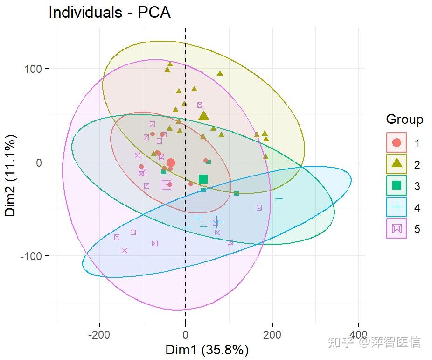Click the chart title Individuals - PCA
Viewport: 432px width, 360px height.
coord(109,13)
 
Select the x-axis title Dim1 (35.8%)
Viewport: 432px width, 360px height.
coord(207,350)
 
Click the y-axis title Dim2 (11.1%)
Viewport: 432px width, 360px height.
coord(11,175)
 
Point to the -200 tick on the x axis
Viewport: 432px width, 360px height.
coord(99,335)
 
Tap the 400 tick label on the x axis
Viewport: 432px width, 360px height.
coord(359,335)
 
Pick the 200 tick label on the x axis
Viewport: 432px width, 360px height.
coord(272,335)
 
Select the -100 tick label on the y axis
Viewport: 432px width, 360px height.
coord(31,255)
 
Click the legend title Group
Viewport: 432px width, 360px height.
coord(404,120)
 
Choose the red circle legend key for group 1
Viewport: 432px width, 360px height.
coord(397,142)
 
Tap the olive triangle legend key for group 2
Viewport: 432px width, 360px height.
coord(397,164)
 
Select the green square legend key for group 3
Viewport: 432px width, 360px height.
coord(397,185)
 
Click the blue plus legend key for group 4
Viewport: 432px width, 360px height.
coord(397,207)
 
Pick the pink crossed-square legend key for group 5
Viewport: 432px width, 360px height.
coord(397,228)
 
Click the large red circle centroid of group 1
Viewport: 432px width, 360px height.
coord(171,162)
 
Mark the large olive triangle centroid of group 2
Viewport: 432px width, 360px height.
coord(203,116)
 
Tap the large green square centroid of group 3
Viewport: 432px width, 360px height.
coord(203,179)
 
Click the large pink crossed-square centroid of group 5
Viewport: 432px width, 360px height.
coord(167,185)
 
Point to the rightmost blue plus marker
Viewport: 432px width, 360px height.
coord(279,198)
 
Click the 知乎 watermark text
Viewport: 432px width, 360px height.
coord(337,342)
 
